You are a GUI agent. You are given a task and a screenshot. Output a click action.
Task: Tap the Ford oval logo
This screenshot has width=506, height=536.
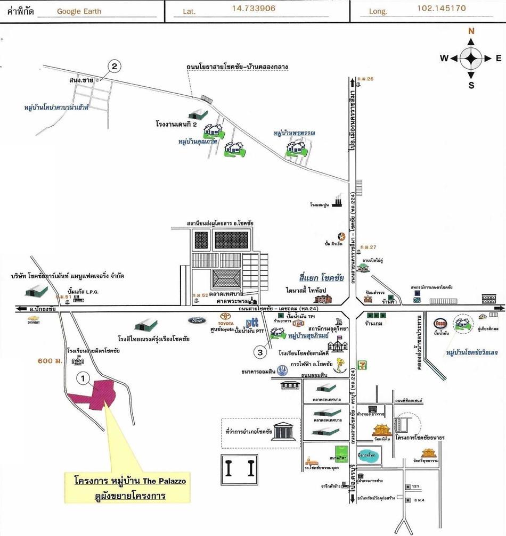(196, 320)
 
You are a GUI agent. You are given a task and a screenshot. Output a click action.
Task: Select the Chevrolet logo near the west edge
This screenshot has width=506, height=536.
(35, 321)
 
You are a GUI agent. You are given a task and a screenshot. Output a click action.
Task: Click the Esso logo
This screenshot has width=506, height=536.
(440, 323)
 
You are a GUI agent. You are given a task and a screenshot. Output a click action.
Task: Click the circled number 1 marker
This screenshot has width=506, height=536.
(83, 378)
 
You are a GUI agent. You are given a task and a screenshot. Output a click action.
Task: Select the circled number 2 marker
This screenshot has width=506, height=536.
(115, 67)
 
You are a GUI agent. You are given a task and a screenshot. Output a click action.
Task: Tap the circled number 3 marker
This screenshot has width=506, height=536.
(260, 352)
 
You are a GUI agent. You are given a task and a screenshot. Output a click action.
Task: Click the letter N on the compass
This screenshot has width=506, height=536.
(471, 31)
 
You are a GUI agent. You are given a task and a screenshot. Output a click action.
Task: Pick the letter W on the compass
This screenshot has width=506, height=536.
(444, 59)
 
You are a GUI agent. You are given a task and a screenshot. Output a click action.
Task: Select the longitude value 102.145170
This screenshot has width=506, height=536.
(442, 9)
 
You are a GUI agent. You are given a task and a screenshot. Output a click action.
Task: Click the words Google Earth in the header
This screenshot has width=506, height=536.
(79, 11)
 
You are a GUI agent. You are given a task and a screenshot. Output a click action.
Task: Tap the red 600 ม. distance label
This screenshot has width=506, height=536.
(50, 361)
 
